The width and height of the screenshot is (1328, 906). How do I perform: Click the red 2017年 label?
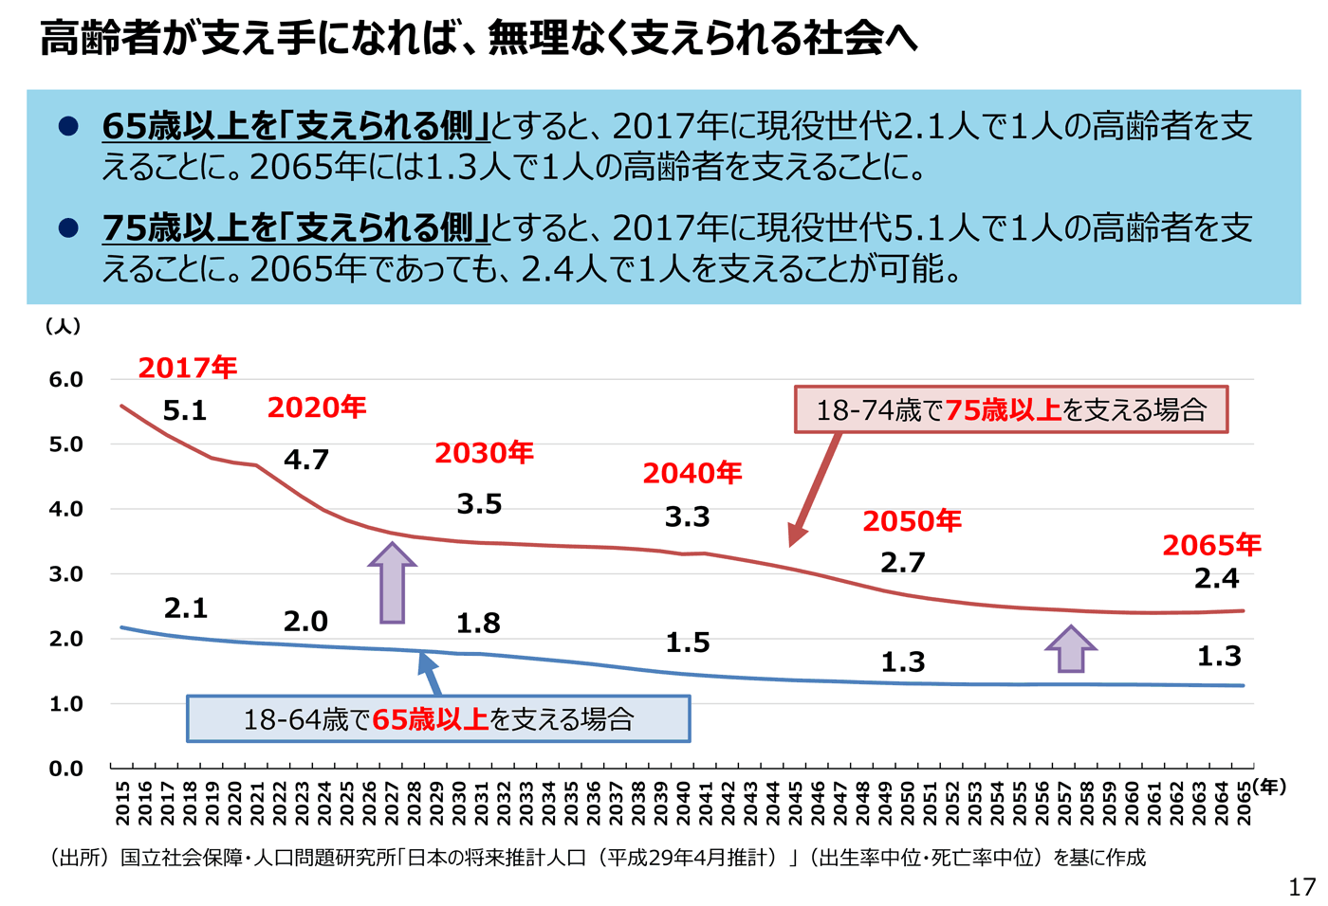[188, 368]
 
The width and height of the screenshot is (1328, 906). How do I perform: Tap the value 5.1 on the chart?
[184, 410]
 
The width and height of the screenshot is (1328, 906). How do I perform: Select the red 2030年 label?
[484, 453]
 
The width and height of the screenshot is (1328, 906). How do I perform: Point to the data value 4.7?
[306, 460]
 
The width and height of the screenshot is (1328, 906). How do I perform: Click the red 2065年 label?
[1211, 545]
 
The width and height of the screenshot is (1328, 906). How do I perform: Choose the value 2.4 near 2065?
[1217, 578]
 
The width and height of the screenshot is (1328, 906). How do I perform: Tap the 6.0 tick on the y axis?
[66, 380]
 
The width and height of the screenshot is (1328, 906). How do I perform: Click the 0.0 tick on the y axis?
[66, 769]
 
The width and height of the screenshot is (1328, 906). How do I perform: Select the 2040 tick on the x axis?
[683, 802]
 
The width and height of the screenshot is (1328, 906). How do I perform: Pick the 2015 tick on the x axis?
[122, 802]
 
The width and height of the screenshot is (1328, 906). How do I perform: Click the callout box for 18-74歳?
[1010, 409]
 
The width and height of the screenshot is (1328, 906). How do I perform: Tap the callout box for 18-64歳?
[438, 719]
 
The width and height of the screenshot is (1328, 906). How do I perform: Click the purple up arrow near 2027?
[392, 582]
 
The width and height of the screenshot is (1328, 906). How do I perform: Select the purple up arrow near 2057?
[1071, 649]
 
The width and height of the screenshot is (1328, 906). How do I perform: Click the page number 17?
[1301, 887]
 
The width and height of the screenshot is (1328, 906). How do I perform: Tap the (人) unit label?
[64, 326]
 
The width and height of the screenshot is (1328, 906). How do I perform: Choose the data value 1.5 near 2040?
[688, 643]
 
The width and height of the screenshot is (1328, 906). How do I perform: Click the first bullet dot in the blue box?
[68, 125]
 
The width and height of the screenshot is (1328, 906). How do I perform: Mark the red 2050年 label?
[912, 521]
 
